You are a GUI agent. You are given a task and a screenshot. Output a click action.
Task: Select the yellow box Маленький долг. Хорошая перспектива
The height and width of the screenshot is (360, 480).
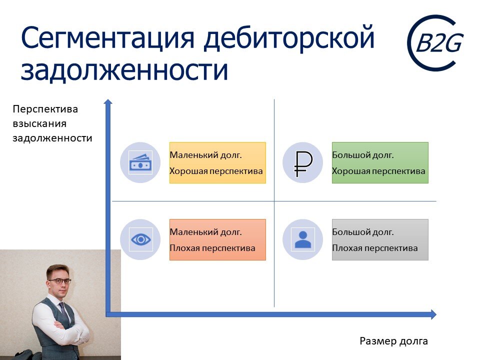217,162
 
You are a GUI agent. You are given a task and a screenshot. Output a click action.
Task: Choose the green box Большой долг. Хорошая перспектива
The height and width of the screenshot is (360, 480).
380,162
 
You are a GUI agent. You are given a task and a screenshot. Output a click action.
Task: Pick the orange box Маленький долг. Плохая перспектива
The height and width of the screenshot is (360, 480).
217,239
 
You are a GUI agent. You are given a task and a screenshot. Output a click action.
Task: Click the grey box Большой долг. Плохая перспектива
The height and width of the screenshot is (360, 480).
380,239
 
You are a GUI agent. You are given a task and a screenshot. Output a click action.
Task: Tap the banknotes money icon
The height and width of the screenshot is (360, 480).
140,162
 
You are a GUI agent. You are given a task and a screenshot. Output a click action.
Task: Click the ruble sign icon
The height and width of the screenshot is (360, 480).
303,163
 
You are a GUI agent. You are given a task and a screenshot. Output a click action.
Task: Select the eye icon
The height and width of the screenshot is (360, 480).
140,239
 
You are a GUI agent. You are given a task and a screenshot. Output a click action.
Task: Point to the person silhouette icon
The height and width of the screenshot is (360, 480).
303,239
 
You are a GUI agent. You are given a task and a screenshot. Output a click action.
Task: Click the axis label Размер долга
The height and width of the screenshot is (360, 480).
393,341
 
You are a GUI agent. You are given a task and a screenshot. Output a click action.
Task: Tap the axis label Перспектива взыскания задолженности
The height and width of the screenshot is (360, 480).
52,123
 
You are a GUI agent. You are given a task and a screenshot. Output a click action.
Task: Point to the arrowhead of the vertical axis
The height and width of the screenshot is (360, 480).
107,102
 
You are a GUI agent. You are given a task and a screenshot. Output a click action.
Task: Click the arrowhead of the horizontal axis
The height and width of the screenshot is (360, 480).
433,314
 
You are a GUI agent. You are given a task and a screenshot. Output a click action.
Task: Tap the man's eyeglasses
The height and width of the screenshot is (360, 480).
60,281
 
